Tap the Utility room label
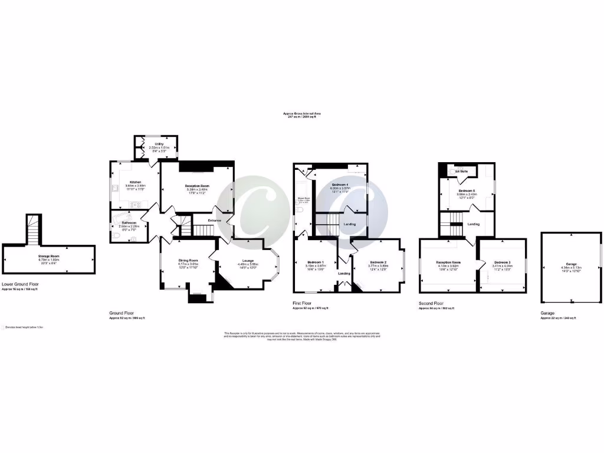pyautogui.click(x=159, y=143)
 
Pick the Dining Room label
pyautogui.click(x=188, y=260)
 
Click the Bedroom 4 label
pyautogui.click(x=340, y=185)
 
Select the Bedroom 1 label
pyautogui.click(x=316, y=262)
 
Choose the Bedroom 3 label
pyautogui.click(x=502, y=262)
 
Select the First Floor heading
pyautogui.click(x=302, y=303)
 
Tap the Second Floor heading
pyautogui.click(x=431, y=303)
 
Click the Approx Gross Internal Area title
pyautogui.click(x=301, y=113)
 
